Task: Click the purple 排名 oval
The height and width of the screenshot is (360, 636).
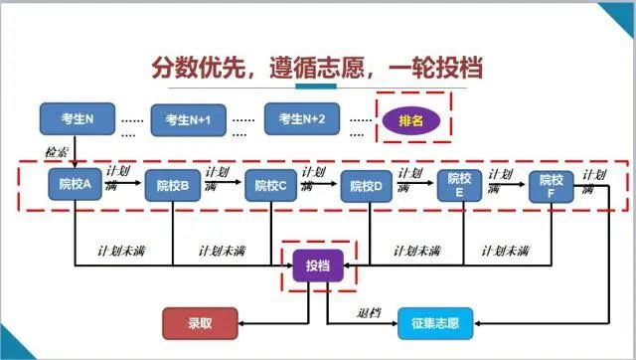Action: (411, 121)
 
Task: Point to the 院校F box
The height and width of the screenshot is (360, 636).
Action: (552, 186)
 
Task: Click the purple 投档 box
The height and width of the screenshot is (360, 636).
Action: (318, 266)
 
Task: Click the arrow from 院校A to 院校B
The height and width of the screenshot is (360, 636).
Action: (123, 185)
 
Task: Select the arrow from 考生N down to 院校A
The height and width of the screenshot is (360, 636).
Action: (76, 150)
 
